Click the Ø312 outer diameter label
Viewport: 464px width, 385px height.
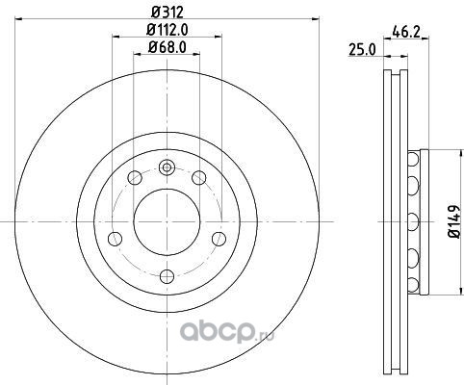pos(167,12)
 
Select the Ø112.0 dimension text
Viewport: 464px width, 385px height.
pos(167,30)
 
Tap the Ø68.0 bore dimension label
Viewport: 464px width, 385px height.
pos(167,48)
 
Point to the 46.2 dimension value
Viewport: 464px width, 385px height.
pos(406,33)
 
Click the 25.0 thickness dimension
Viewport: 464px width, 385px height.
pos(362,50)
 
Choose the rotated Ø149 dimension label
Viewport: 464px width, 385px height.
pos(454,221)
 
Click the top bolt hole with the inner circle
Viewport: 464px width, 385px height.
pos(167,167)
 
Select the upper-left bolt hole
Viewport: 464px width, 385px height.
pos(135,178)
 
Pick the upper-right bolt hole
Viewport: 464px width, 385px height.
pos(199,178)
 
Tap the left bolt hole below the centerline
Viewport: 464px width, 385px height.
pos(116,239)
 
